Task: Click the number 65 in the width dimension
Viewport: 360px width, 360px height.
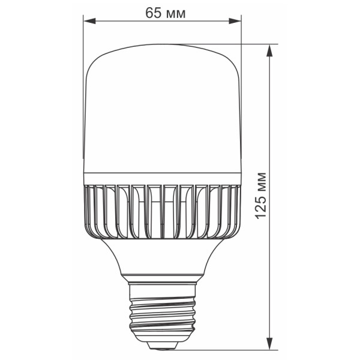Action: pos(153,13)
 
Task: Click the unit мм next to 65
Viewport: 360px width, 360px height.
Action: pos(176,14)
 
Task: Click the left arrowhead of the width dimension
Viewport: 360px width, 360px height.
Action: pos(90,21)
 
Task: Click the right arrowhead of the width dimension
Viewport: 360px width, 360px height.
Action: pos(235,21)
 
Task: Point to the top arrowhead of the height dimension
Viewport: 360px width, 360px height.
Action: pos(269,50)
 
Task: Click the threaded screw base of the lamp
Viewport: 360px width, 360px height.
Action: pos(162,313)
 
